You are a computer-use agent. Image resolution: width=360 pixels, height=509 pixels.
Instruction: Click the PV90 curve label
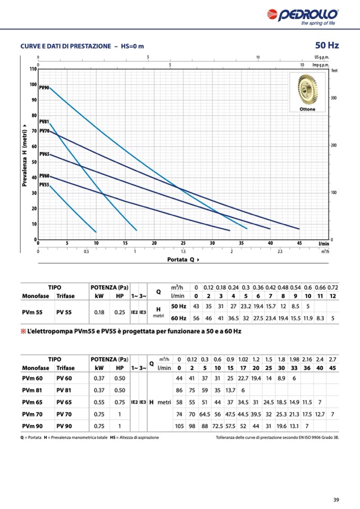[44, 87]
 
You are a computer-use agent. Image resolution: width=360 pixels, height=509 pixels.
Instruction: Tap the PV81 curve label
[44, 122]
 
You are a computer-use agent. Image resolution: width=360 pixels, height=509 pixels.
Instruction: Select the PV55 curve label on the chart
[44, 184]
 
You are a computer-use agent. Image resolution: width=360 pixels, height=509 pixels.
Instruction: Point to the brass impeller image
[307, 90]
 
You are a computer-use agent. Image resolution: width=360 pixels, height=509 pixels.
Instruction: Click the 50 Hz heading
[327, 46]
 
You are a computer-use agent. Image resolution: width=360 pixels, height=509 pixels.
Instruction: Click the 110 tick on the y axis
[32, 69]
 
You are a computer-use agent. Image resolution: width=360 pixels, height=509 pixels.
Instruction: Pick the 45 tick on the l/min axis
[299, 243]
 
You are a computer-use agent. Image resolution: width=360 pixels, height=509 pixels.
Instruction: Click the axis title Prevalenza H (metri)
[25, 154]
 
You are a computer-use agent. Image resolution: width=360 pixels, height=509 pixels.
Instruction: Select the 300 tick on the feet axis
[334, 98]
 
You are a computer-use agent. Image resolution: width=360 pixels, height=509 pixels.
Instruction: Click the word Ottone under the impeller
[307, 109]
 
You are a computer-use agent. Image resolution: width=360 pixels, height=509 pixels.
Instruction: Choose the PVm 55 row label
[32, 313]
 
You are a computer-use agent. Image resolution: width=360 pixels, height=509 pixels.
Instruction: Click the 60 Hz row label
[178, 318]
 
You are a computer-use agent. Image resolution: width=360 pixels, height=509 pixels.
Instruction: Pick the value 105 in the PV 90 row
[179, 426]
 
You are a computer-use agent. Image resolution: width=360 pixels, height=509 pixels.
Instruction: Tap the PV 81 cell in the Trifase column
[64, 390]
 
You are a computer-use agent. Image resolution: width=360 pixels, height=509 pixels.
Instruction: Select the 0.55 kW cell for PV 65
[99, 402]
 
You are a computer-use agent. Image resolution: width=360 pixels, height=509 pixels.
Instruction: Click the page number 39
[336, 499]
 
